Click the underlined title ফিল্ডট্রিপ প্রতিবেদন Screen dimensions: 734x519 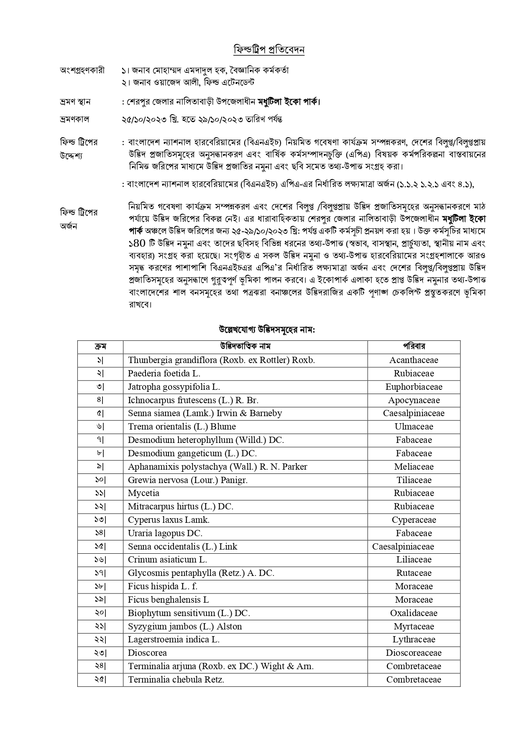tap(268, 50)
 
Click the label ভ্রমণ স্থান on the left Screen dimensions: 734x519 tap(75, 102)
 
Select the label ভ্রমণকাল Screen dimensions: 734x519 tap(74, 119)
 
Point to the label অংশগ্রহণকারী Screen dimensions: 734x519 tap(82, 70)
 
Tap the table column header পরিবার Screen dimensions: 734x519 tap(414, 346)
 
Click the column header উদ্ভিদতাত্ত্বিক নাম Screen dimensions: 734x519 tap(245, 346)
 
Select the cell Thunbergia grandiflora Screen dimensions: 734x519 tap(221, 360)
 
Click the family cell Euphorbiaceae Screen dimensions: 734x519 tap(414, 387)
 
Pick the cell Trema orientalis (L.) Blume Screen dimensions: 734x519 tap(182, 427)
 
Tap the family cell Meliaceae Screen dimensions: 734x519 tap(414, 467)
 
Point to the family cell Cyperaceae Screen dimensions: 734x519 tap(414, 520)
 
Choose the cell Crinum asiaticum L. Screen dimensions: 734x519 tap(167, 560)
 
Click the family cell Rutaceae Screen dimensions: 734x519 tap(414, 573)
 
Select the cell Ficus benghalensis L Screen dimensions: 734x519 tap(169, 600)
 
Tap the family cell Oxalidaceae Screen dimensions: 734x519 tap(414, 613)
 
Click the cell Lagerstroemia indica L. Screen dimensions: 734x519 tap(174, 639)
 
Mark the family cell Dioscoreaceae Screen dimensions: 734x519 tap(414, 653)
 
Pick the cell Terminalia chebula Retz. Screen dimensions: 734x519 tap(176, 680)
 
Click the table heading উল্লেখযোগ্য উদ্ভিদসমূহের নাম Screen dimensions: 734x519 tap(267, 329)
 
